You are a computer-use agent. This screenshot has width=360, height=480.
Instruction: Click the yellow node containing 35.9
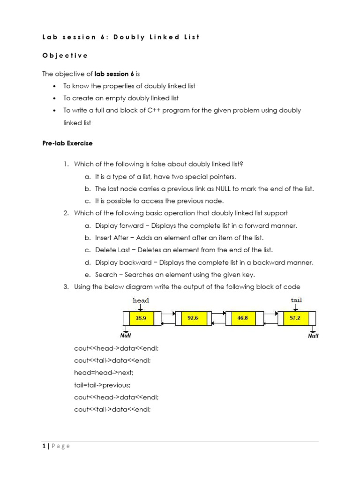[141, 318]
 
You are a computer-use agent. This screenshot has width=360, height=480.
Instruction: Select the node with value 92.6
[193, 318]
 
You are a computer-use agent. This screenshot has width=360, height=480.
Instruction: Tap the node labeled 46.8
[243, 318]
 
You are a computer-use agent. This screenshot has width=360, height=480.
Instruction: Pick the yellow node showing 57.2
[295, 318]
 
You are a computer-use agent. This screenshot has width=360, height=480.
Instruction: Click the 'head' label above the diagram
[141, 300]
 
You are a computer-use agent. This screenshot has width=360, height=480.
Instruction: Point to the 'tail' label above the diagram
[296, 300]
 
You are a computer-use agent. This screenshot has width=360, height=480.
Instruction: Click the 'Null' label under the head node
[126, 335]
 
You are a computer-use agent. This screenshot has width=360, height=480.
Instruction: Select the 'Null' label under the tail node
[313, 336]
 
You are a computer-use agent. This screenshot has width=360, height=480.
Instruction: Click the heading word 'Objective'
[65, 55]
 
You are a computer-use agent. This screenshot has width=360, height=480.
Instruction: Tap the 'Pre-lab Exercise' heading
[67, 143]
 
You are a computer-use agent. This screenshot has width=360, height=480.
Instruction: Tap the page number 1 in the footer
[44, 446]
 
